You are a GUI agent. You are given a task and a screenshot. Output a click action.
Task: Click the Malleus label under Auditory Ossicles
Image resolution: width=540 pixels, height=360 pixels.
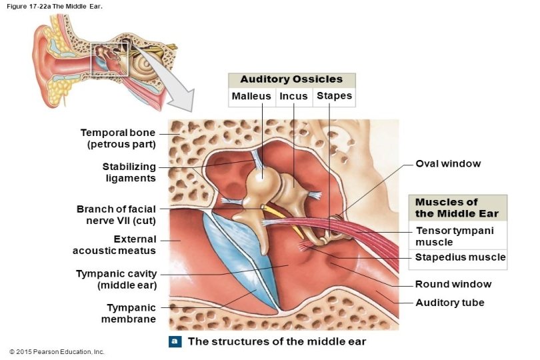(x=251, y=97)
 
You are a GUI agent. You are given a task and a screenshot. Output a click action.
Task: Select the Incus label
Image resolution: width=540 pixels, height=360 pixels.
(x=293, y=97)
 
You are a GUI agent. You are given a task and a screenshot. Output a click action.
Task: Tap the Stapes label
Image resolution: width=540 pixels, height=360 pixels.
(x=334, y=97)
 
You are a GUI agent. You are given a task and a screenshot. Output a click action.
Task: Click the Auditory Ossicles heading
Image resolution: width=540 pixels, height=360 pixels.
(x=291, y=79)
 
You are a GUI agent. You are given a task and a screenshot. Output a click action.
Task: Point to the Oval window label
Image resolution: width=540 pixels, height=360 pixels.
(x=448, y=163)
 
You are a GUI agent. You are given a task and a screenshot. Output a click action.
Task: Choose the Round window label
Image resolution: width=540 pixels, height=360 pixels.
(x=453, y=284)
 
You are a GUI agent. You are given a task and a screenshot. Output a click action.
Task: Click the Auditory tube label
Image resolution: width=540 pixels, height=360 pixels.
(x=449, y=303)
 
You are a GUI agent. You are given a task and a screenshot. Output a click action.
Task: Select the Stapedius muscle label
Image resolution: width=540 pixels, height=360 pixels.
(x=460, y=257)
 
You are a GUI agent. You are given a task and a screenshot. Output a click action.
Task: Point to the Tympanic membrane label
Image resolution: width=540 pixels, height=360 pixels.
(x=131, y=313)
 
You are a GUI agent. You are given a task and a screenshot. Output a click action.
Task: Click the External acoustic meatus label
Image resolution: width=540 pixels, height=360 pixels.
(x=115, y=245)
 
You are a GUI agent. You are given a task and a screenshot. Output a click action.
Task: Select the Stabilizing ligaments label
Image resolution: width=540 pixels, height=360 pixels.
(x=129, y=172)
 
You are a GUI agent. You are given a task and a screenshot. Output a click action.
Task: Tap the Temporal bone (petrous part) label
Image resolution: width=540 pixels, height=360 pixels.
(x=118, y=138)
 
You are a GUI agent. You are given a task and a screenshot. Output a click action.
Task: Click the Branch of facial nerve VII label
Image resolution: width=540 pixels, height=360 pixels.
(x=116, y=215)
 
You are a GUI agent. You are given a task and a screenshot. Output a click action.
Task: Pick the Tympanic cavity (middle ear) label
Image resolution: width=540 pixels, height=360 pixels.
(x=116, y=279)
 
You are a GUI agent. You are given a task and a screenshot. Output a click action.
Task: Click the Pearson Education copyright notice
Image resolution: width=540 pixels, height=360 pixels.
(x=57, y=351)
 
